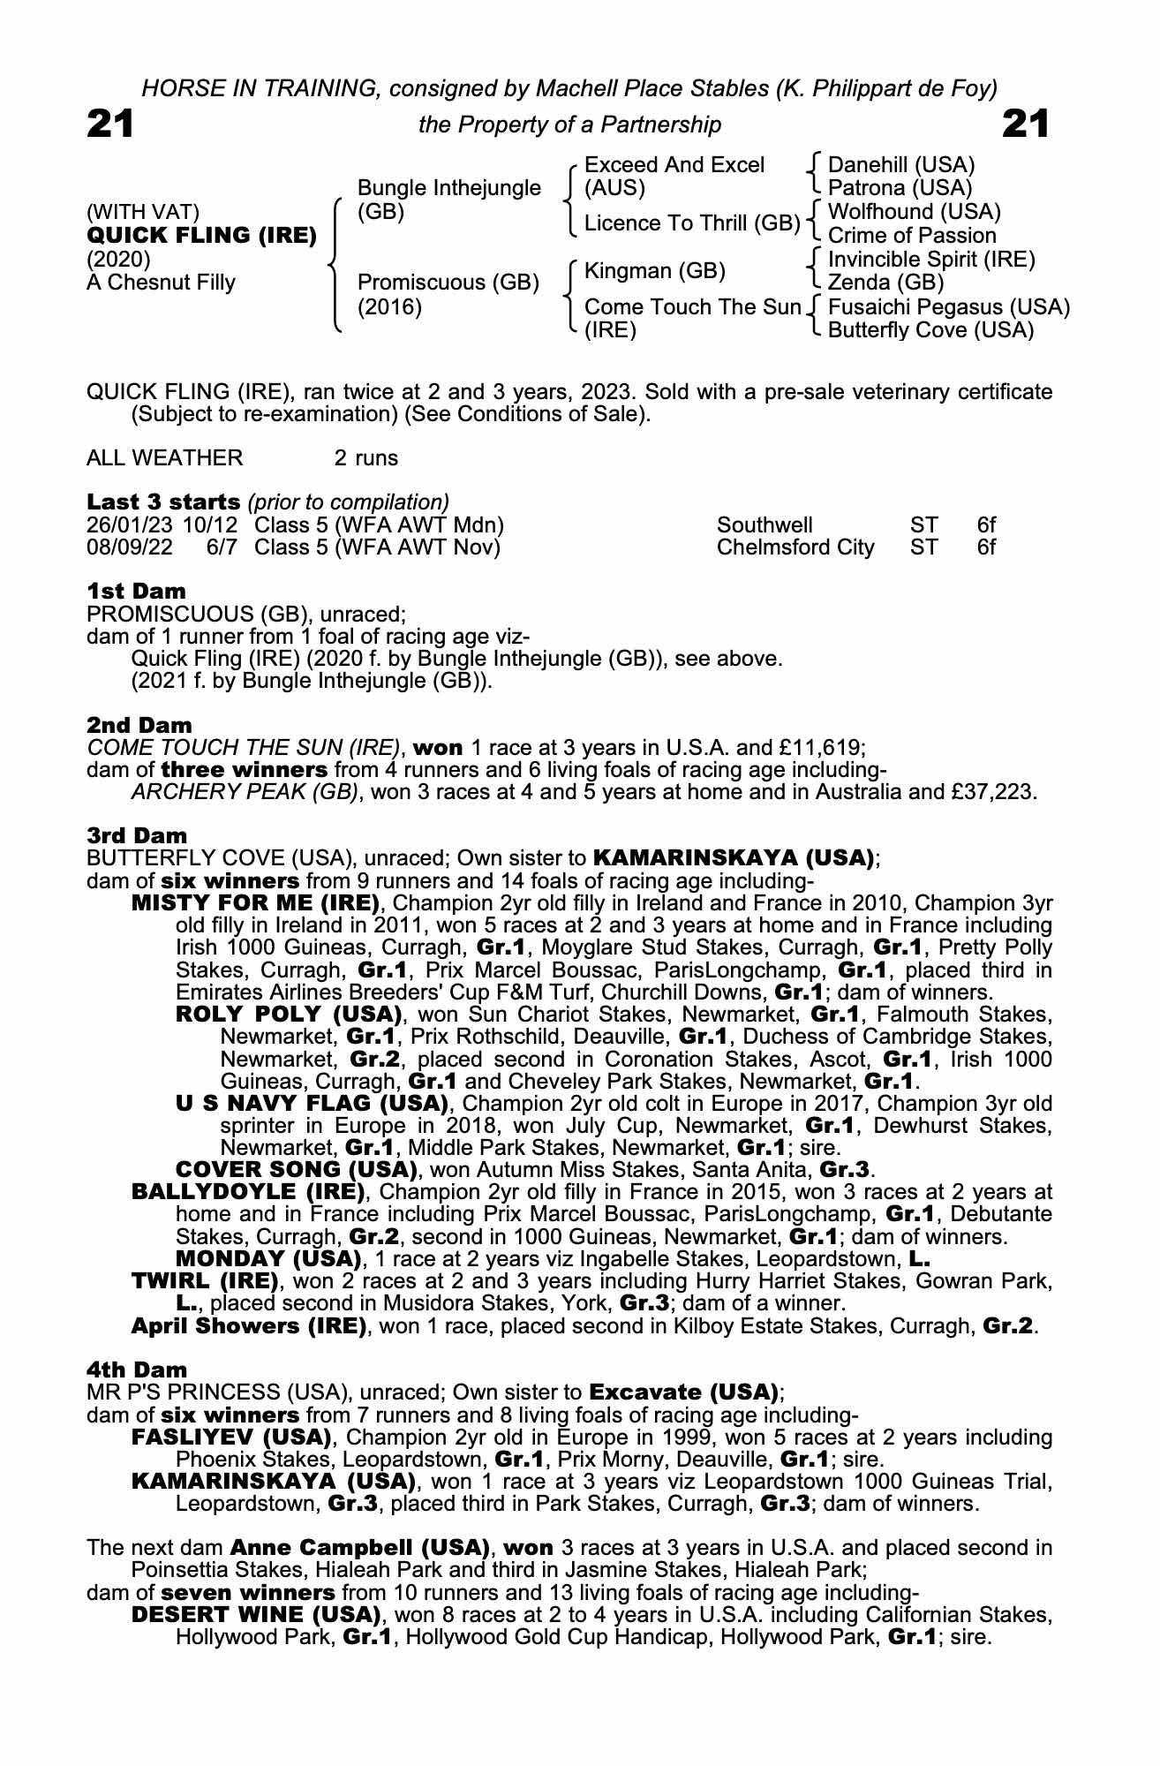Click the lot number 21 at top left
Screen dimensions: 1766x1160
click(110, 125)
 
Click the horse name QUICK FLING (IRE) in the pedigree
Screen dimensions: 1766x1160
click(201, 236)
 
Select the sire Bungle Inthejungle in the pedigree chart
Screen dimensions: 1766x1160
click(448, 188)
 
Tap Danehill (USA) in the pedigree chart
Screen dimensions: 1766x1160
click(900, 165)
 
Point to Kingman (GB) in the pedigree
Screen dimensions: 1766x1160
click(654, 271)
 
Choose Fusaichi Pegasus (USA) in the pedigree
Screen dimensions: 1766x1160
click(948, 307)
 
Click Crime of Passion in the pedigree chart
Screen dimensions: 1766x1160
click(911, 236)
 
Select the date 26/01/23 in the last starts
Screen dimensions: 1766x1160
click(130, 525)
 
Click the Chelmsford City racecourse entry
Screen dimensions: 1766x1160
click(795, 547)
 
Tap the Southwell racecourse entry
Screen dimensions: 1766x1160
click(765, 525)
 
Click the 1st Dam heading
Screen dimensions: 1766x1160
click(136, 591)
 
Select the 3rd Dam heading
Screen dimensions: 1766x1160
click(137, 835)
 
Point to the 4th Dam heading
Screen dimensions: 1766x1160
click(137, 1370)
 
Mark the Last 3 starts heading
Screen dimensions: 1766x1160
click(163, 502)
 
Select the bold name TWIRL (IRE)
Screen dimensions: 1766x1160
click(205, 1281)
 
